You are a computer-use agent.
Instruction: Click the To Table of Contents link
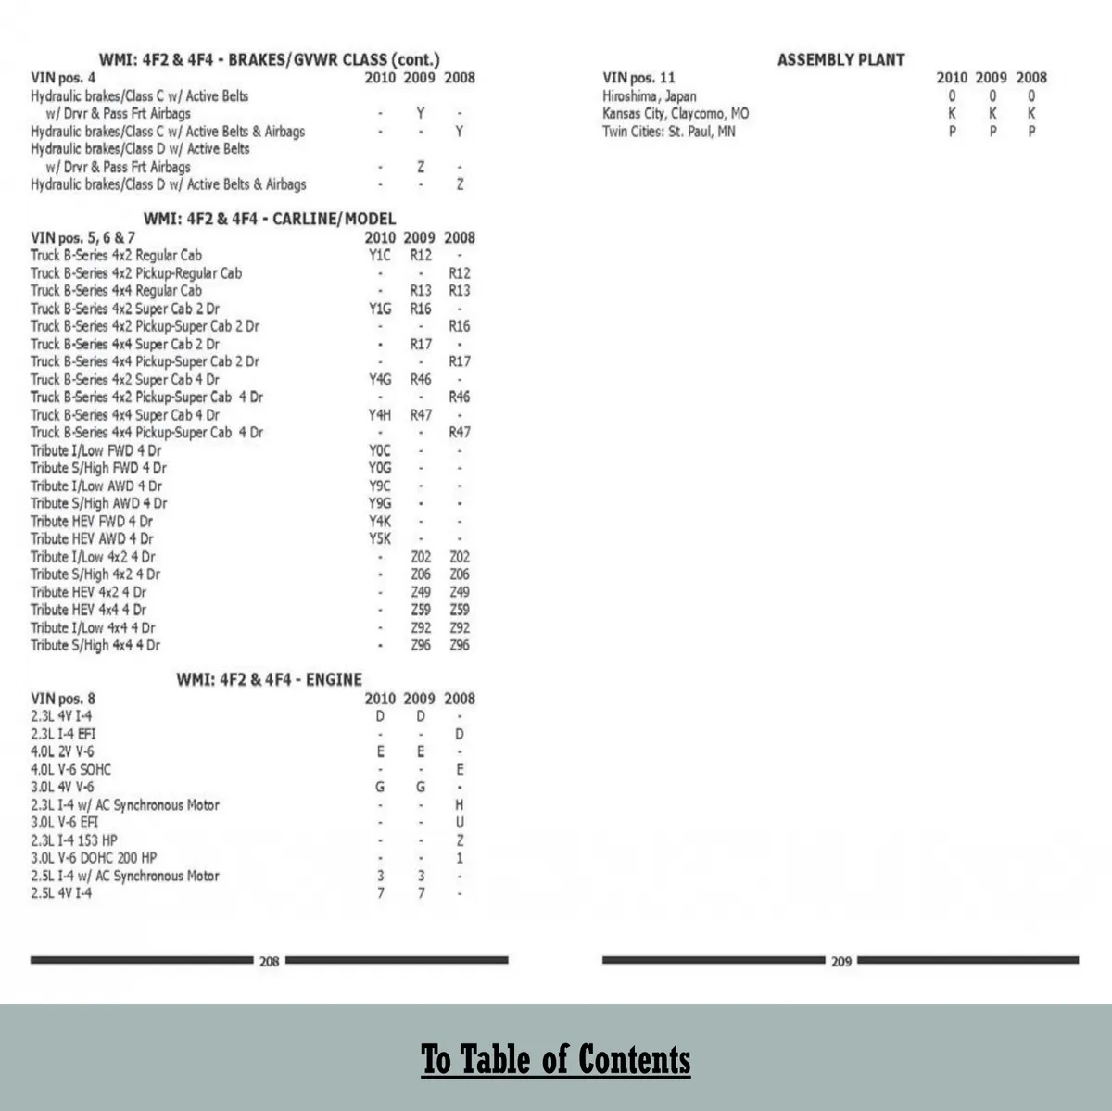click(x=556, y=1059)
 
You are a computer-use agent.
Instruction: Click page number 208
click(x=269, y=962)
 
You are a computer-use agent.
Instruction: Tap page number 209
click(x=840, y=962)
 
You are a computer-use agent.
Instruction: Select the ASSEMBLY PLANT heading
click(x=840, y=60)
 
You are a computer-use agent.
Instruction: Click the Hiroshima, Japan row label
click(x=650, y=96)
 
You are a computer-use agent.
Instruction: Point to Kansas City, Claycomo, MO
click(x=676, y=114)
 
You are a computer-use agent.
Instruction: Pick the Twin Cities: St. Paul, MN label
click(x=669, y=132)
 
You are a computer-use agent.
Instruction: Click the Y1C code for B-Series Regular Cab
click(x=380, y=256)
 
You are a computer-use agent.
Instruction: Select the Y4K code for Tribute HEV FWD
click(x=380, y=522)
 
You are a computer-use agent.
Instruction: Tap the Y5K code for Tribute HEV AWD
click(x=380, y=539)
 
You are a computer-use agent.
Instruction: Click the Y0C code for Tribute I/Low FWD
click(x=380, y=451)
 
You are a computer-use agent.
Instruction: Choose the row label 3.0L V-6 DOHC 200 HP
click(x=94, y=858)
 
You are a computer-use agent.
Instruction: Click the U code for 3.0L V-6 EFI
click(x=460, y=823)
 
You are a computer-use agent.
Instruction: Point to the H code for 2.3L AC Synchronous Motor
click(x=460, y=805)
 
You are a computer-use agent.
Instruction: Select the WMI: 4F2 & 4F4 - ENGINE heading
click(x=270, y=680)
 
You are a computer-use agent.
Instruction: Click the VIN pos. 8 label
click(x=63, y=699)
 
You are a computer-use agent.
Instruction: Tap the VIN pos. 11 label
click(x=639, y=78)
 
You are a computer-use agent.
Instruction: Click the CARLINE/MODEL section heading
click(x=270, y=220)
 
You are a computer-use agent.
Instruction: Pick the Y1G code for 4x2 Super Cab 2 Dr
click(x=380, y=309)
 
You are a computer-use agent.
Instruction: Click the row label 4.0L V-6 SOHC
click(x=70, y=770)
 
